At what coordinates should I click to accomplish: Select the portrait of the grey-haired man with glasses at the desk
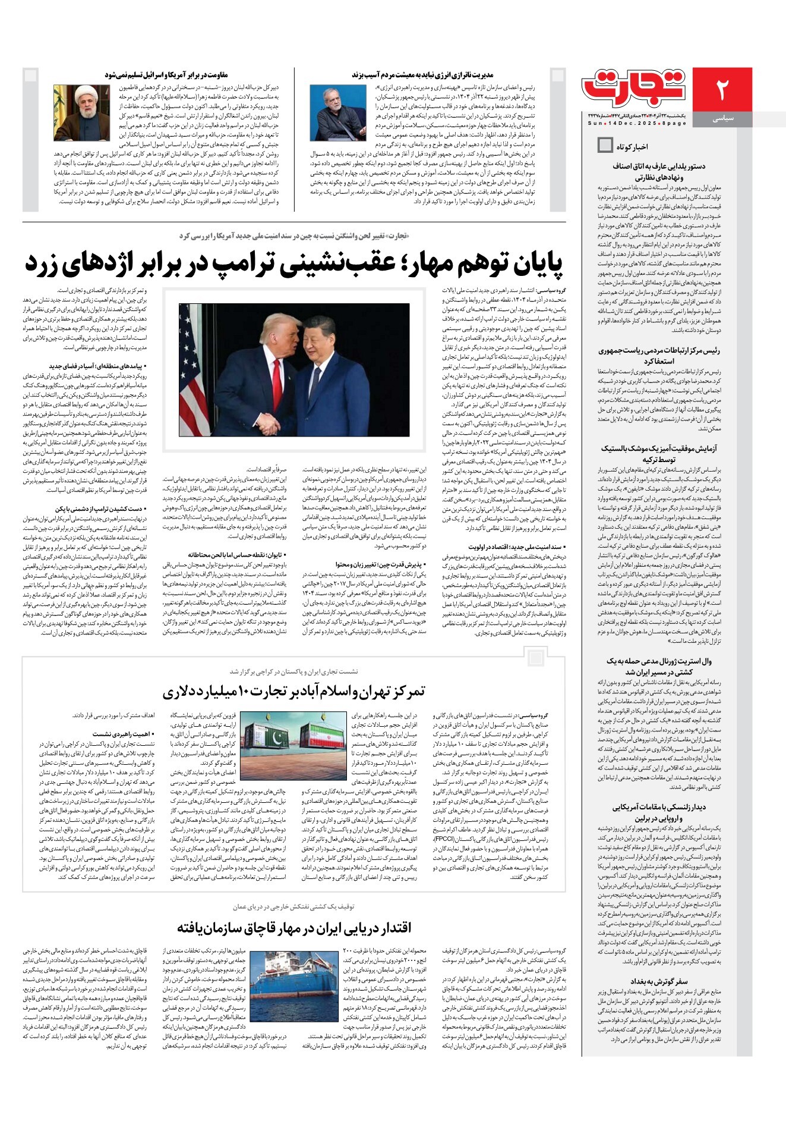pyautogui.click(x=338, y=113)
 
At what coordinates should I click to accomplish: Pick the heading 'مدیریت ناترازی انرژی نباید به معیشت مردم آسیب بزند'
pyautogui.click(x=422, y=75)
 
